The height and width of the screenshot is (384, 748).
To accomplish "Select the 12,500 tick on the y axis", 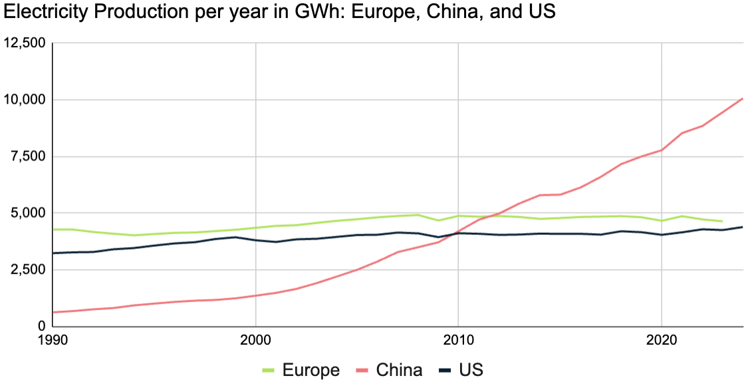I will [x=24, y=43].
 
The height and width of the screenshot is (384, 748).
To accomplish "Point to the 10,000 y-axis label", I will [x=24, y=100].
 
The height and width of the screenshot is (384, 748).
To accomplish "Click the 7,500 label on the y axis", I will [x=27, y=156].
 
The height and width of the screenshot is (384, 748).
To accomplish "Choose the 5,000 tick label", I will [x=27, y=213].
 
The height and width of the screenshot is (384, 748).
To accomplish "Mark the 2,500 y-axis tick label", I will [x=27, y=270].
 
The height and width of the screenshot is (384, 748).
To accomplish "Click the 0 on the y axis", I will [x=41, y=326].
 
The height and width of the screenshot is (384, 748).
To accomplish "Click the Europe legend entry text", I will [x=311, y=370].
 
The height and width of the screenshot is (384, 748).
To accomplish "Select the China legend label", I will [x=400, y=370].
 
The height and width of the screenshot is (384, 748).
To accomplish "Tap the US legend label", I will [x=471, y=370].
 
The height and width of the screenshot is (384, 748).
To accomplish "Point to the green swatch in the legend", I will [x=269, y=370].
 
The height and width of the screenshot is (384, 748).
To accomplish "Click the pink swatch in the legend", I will [x=362, y=370].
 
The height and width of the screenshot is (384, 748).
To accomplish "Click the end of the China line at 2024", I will [x=742, y=98].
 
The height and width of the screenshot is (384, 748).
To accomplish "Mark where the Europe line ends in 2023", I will [x=722, y=221].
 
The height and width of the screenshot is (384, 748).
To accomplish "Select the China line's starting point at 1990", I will [x=53, y=312].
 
